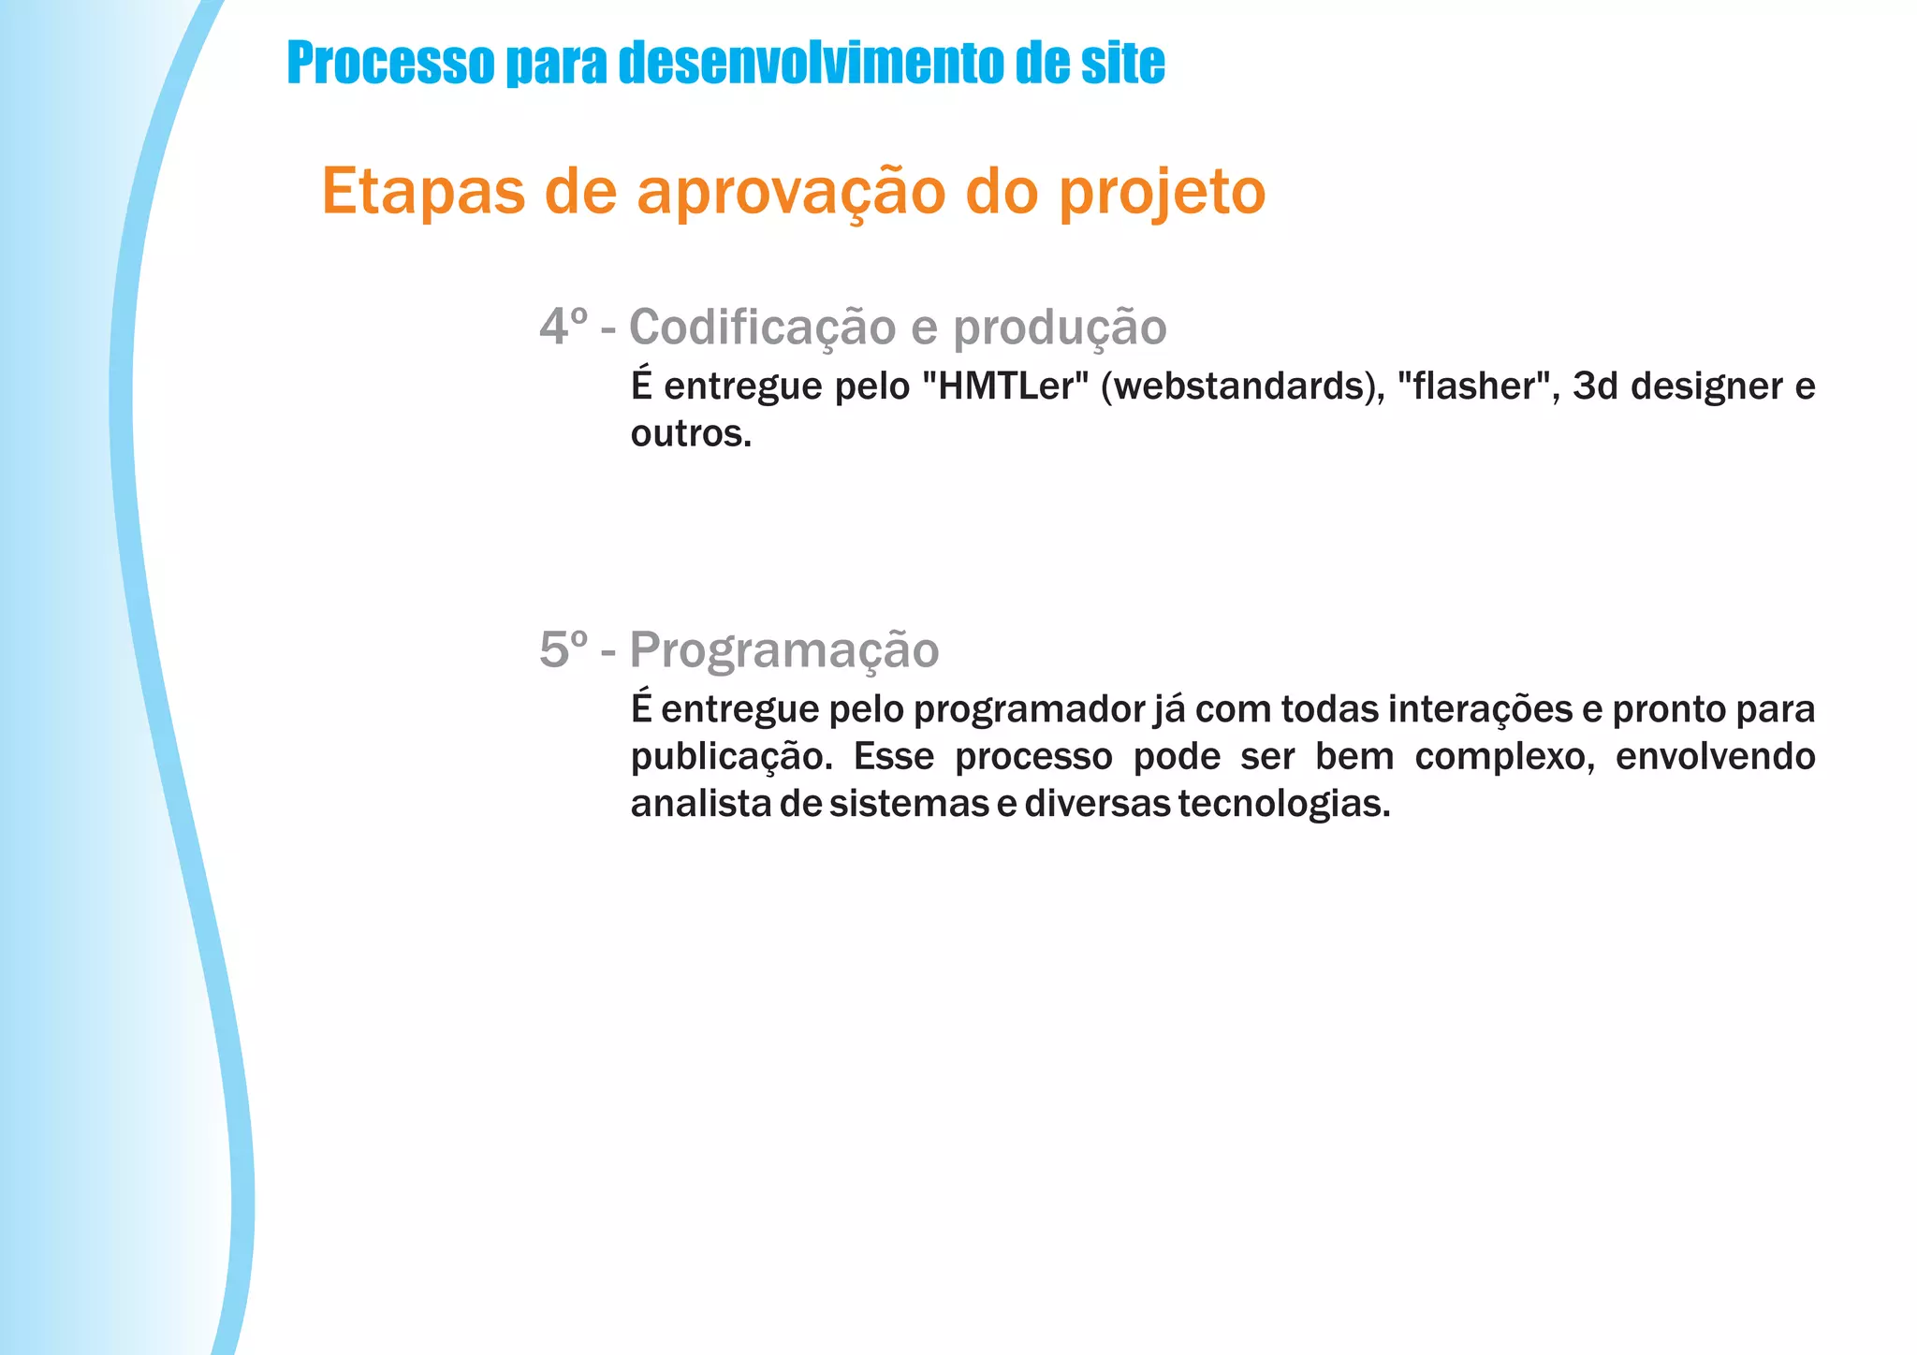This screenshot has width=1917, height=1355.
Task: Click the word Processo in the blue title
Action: tap(390, 63)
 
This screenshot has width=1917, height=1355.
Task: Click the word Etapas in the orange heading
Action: tap(423, 191)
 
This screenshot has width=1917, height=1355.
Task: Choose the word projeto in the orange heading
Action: tap(1162, 193)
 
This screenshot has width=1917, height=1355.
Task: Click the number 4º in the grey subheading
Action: tap(564, 327)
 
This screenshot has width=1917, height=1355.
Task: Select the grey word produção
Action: tap(1060, 328)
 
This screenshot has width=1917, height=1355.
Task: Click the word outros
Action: tap(691, 433)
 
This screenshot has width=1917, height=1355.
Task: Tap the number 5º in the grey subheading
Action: tap(564, 649)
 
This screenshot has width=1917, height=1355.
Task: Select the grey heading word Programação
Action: tap(784, 650)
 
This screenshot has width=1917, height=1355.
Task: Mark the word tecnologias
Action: tap(1284, 804)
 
